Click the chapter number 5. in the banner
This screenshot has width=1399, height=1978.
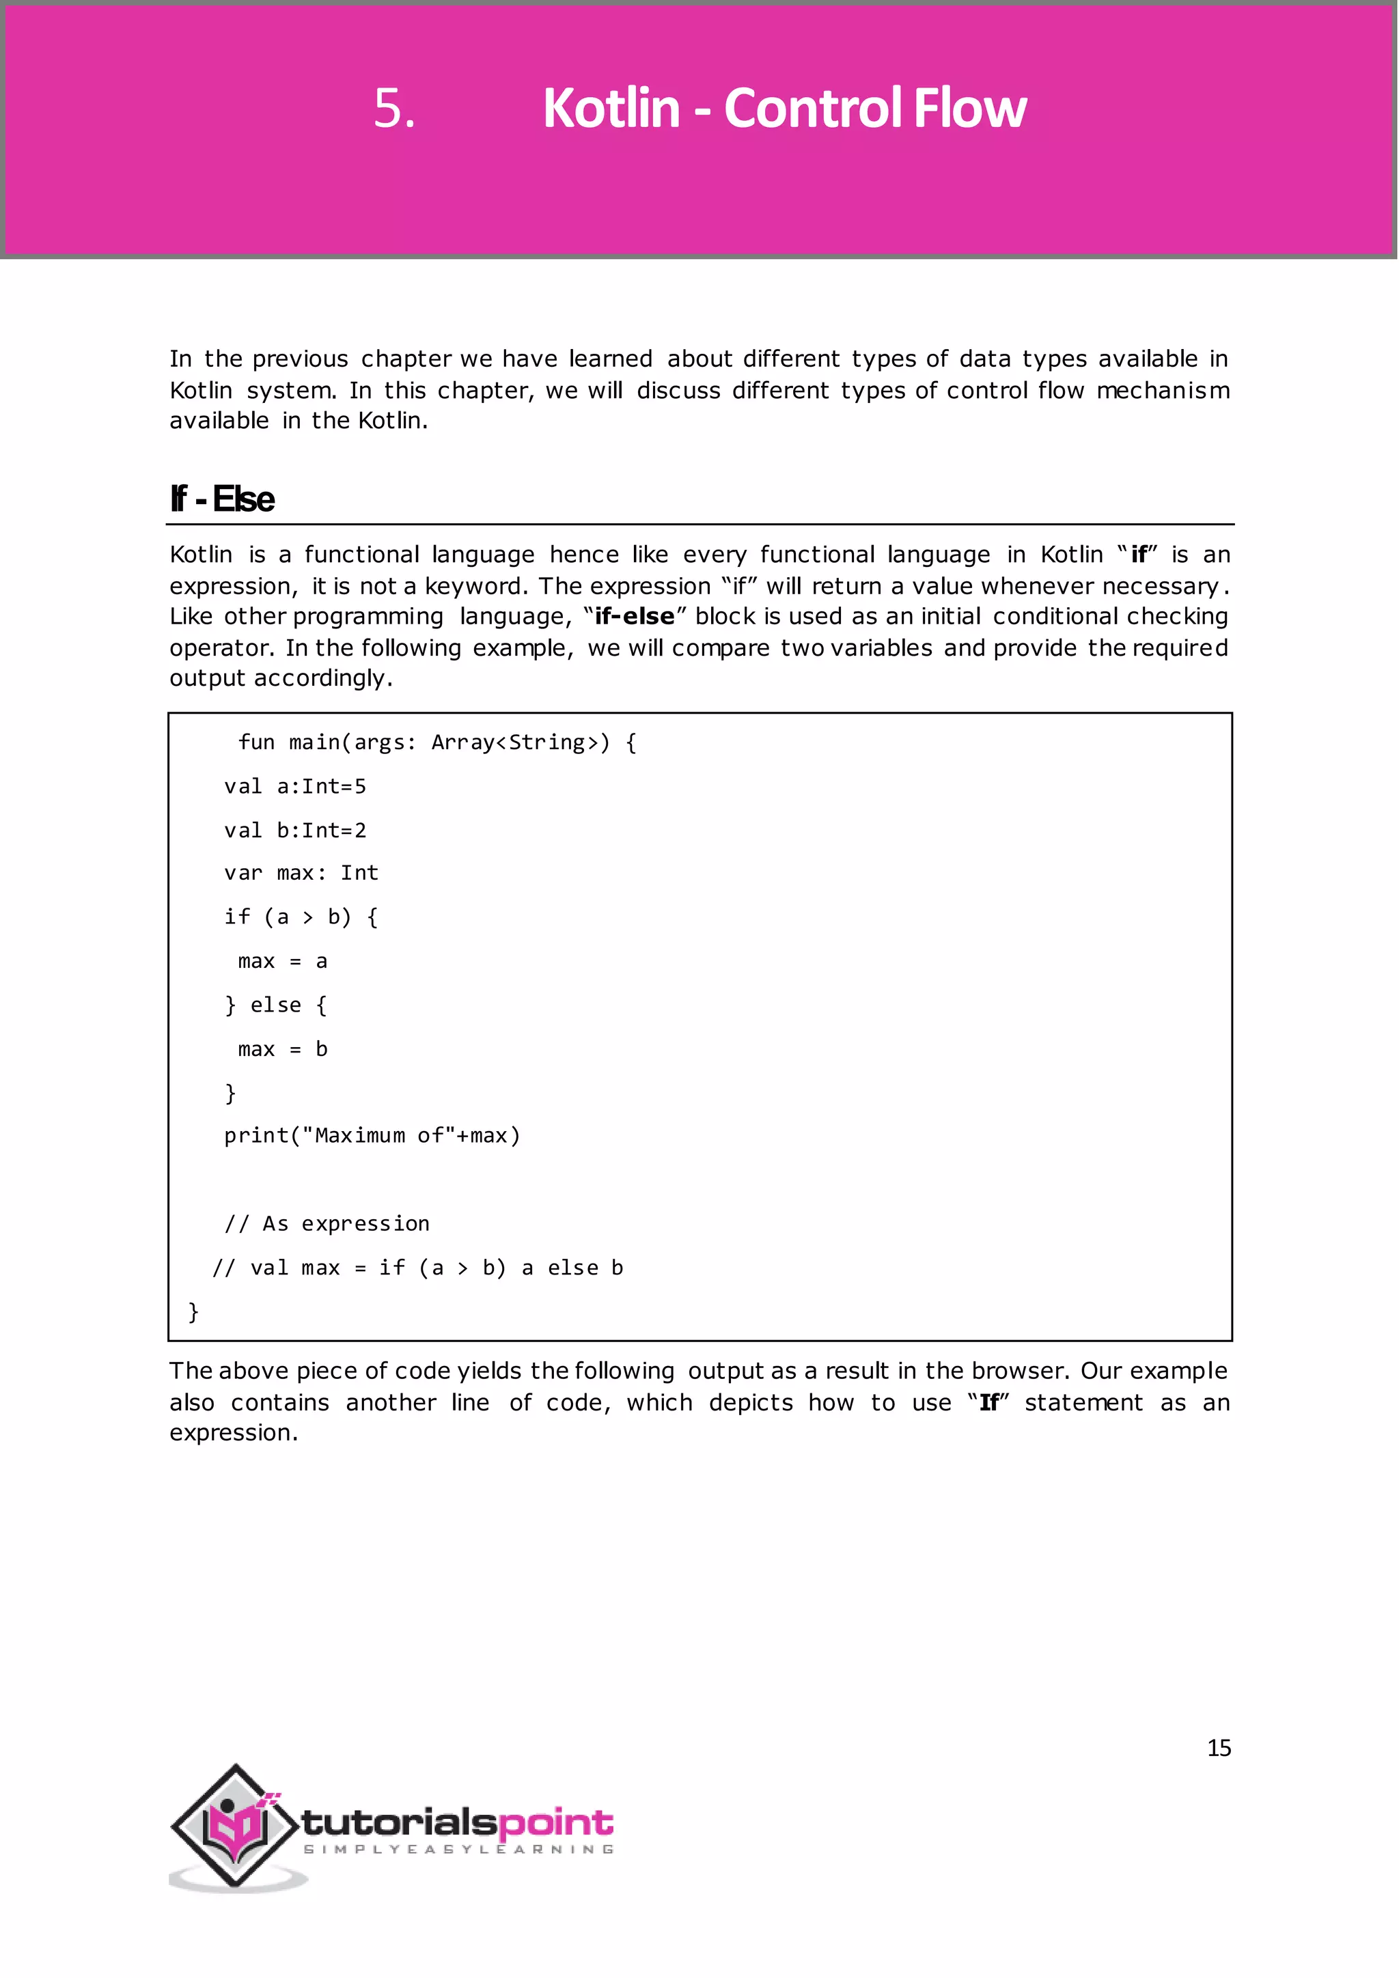pyautogui.click(x=393, y=109)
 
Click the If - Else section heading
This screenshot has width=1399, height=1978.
pyautogui.click(x=222, y=500)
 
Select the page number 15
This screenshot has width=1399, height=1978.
pyautogui.click(x=1218, y=1748)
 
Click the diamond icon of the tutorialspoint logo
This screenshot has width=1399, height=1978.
pyautogui.click(x=235, y=1826)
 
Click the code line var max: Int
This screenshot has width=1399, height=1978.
pyautogui.click(x=301, y=874)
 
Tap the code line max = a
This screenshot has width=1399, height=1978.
pyautogui.click(x=283, y=962)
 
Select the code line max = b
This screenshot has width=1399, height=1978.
pyautogui.click(x=283, y=1049)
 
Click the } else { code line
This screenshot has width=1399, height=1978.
pyautogui.click(x=276, y=1005)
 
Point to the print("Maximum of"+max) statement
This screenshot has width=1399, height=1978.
pyautogui.click(x=372, y=1137)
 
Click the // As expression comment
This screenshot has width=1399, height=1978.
pyautogui.click(x=327, y=1224)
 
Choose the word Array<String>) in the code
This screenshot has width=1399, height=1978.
pyautogui.click(x=521, y=742)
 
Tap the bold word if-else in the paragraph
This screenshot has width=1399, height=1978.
pyautogui.click(x=634, y=617)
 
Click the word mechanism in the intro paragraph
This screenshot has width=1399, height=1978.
pyautogui.click(x=1162, y=391)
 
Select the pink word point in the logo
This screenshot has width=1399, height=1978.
pyautogui.click(x=555, y=1824)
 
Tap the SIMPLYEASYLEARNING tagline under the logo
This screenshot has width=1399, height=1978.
pyautogui.click(x=458, y=1850)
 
